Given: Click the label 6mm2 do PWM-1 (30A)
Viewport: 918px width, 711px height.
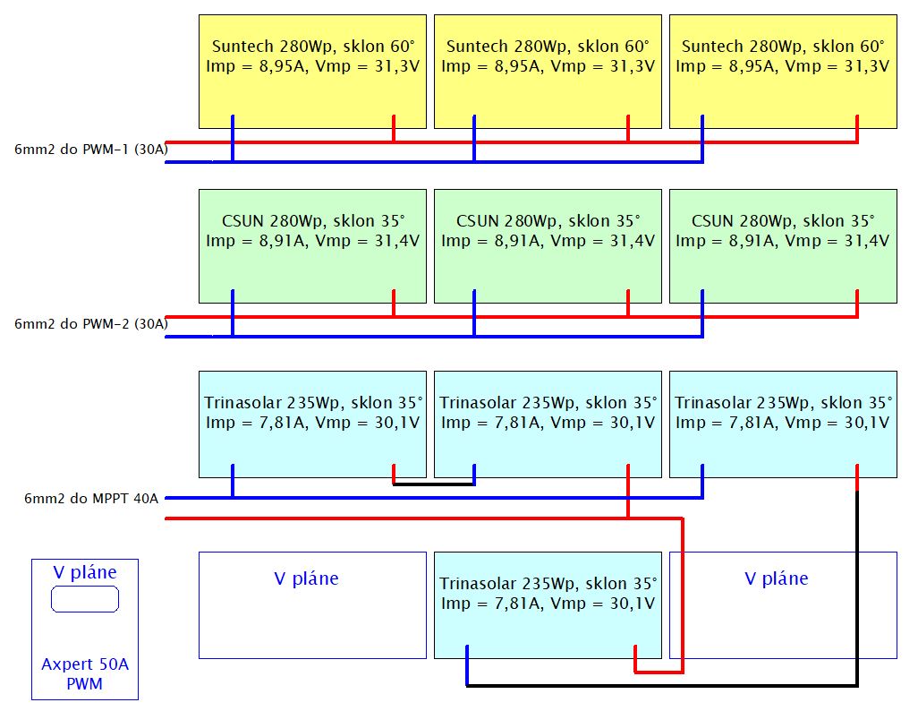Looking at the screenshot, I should [x=90, y=150].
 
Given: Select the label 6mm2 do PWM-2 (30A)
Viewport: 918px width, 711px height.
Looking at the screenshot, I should [x=90, y=324].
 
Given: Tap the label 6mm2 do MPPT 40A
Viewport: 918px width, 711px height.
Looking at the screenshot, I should [x=91, y=498].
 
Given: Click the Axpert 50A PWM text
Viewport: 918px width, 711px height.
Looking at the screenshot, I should [x=85, y=675].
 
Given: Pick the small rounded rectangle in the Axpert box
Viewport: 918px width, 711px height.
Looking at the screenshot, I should [x=85, y=599].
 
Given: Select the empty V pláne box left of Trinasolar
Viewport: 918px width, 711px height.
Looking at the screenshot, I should [x=312, y=618].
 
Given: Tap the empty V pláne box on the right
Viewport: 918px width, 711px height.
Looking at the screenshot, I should [x=783, y=618].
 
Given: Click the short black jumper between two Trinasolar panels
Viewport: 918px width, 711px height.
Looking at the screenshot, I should [x=434, y=484].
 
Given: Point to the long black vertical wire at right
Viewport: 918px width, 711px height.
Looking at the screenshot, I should [x=858, y=591].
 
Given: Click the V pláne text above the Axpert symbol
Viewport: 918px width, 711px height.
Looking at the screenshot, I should [x=85, y=572].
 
